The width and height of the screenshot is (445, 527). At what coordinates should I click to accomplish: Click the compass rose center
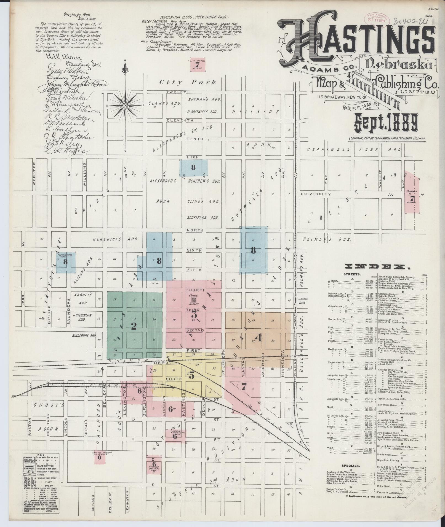126,106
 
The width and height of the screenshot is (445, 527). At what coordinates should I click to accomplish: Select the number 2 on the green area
134,326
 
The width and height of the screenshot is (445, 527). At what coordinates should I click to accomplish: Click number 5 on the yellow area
191,375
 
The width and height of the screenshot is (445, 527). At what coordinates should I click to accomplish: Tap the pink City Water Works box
196,65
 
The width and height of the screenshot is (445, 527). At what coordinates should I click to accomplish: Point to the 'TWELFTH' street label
178,92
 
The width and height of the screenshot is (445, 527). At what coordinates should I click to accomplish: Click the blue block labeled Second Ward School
65,262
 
